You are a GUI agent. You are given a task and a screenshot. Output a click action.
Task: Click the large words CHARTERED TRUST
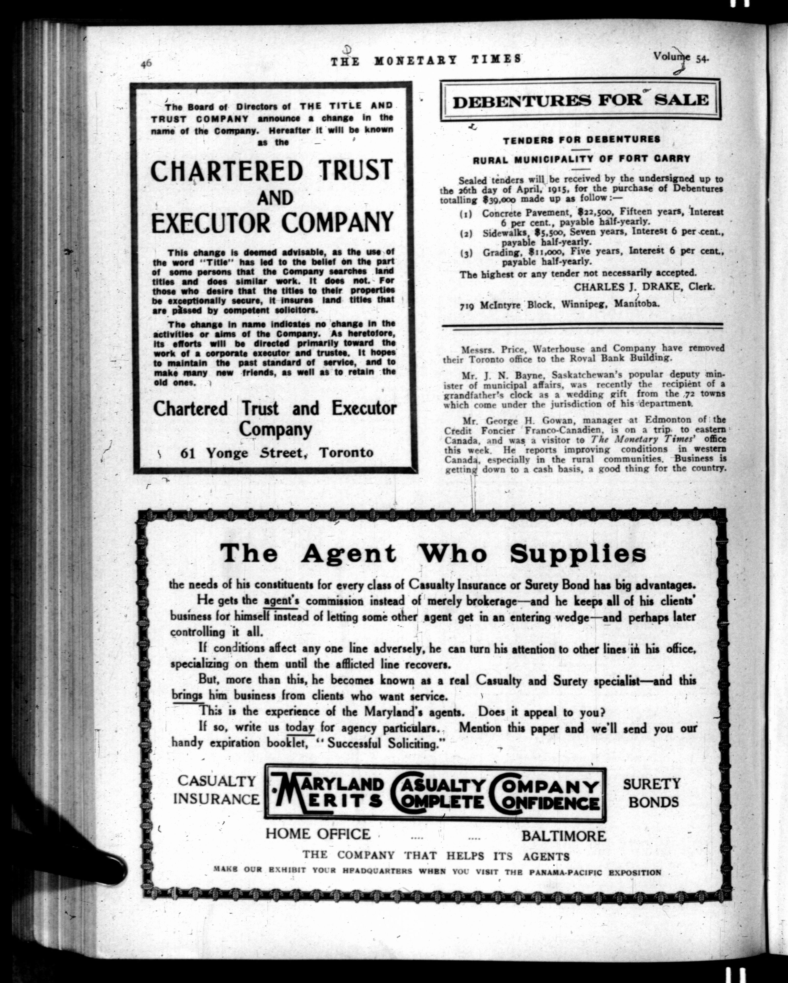point(272,170)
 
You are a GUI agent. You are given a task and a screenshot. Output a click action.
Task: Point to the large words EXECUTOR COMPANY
point(272,222)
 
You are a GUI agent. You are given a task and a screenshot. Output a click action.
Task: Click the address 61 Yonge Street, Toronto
point(277,453)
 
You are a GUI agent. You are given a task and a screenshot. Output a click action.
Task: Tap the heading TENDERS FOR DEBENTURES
point(582,140)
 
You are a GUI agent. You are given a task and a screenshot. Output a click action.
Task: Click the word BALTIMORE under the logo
point(564,836)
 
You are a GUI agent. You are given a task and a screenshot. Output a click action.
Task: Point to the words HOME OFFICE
point(318,834)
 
